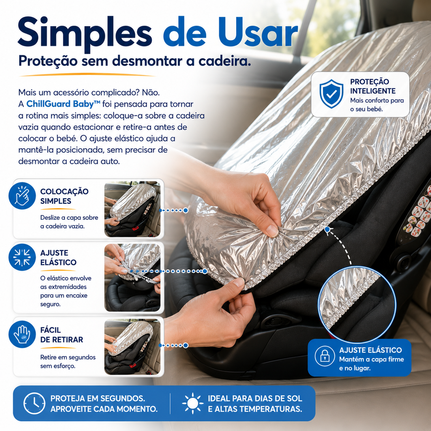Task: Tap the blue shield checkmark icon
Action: coord(331,94)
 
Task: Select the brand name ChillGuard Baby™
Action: coord(64,104)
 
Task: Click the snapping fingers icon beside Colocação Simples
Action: coord(22,196)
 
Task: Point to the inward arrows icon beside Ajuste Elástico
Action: coord(22,257)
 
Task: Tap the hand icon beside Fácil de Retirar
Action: coord(22,334)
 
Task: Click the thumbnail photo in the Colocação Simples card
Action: coord(133,209)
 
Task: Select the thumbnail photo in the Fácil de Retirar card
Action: coord(133,347)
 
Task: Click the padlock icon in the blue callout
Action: coord(325,356)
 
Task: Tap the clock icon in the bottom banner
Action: coord(35,403)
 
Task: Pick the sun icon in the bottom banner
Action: coord(193,403)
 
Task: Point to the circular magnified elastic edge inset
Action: coord(357,304)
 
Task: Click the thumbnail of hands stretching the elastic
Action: coord(133,278)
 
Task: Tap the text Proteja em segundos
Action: coord(98,398)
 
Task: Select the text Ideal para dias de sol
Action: coord(255,398)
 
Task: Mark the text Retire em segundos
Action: coord(68,357)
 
